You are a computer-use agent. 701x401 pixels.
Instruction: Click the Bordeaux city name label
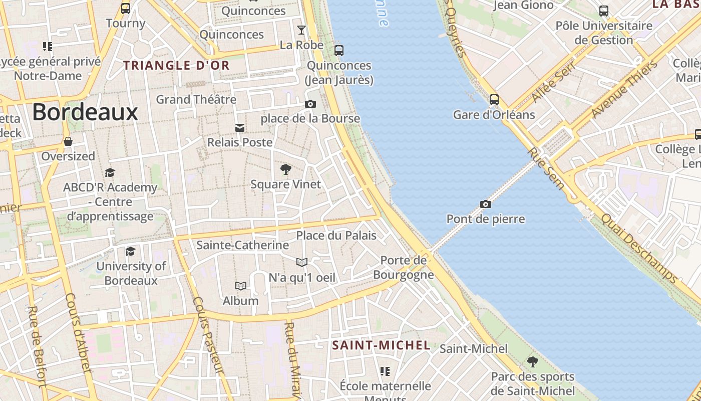(85, 112)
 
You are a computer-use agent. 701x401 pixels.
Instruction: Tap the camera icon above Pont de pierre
(485, 204)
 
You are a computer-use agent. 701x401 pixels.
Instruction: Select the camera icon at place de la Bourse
(310, 104)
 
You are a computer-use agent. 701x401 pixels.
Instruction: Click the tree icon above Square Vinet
(285, 169)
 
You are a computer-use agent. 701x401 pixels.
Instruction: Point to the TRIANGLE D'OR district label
(176, 65)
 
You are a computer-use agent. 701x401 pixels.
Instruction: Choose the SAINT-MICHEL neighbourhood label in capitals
(382, 345)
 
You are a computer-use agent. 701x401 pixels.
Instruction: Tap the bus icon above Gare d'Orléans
(494, 100)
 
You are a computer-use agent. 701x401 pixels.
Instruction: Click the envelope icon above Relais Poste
(240, 128)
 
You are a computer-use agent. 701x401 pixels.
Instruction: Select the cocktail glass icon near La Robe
(301, 30)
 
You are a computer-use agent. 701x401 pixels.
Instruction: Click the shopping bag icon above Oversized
(68, 142)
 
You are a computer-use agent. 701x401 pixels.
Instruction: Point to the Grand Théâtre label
(196, 99)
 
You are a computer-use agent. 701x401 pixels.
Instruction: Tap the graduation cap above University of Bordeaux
(131, 251)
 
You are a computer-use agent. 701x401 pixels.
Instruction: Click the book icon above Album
(241, 286)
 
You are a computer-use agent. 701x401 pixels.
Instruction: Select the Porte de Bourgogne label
(404, 267)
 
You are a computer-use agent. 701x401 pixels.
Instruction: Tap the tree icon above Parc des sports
(533, 361)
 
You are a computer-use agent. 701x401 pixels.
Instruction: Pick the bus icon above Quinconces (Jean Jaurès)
(339, 50)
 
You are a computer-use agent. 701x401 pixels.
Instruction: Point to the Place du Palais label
(336, 235)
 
